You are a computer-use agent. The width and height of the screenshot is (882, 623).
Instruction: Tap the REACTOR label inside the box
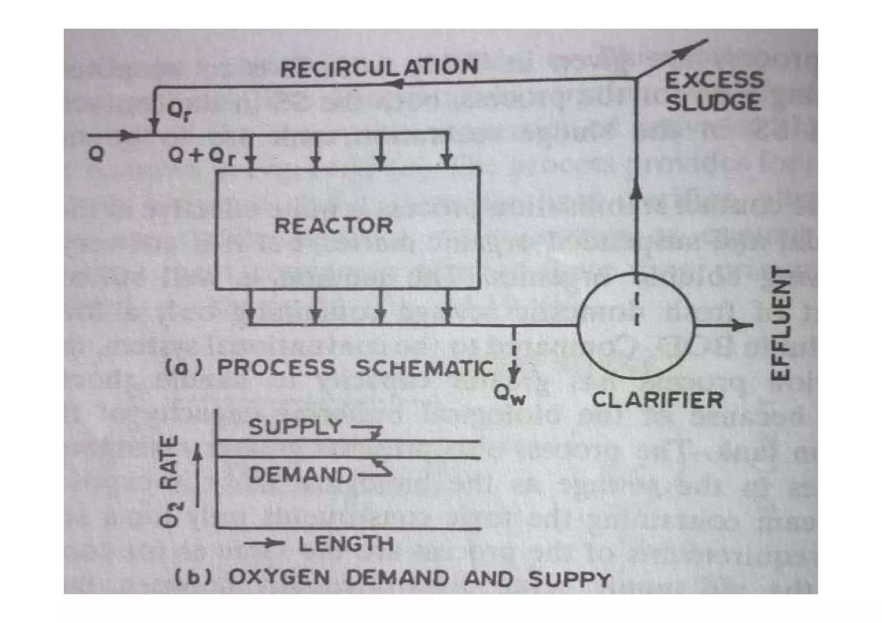tap(334, 226)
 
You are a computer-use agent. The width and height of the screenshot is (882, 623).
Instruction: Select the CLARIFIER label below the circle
tap(657, 400)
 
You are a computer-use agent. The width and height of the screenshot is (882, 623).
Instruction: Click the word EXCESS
tap(714, 81)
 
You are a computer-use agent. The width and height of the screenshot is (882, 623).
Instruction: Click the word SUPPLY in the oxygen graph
tap(295, 427)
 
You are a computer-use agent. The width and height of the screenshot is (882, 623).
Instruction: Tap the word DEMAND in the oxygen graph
tap(300, 475)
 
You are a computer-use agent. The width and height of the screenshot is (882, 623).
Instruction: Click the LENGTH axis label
tap(346, 544)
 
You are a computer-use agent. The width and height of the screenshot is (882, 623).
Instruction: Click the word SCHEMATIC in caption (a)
tap(424, 368)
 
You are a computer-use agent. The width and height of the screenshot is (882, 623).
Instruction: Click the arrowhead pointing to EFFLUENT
tap(743, 325)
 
